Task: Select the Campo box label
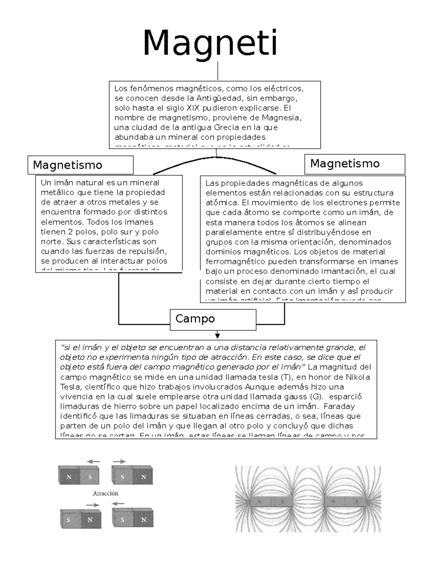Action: click(195, 319)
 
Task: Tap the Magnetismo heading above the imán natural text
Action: click(67, 165)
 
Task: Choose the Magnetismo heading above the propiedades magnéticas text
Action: click(345, 163)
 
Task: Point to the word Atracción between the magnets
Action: click(105, 493)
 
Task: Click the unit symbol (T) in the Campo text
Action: click(286, 377)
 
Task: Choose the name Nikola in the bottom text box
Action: click(358, 377)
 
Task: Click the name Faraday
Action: click(339, 406)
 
